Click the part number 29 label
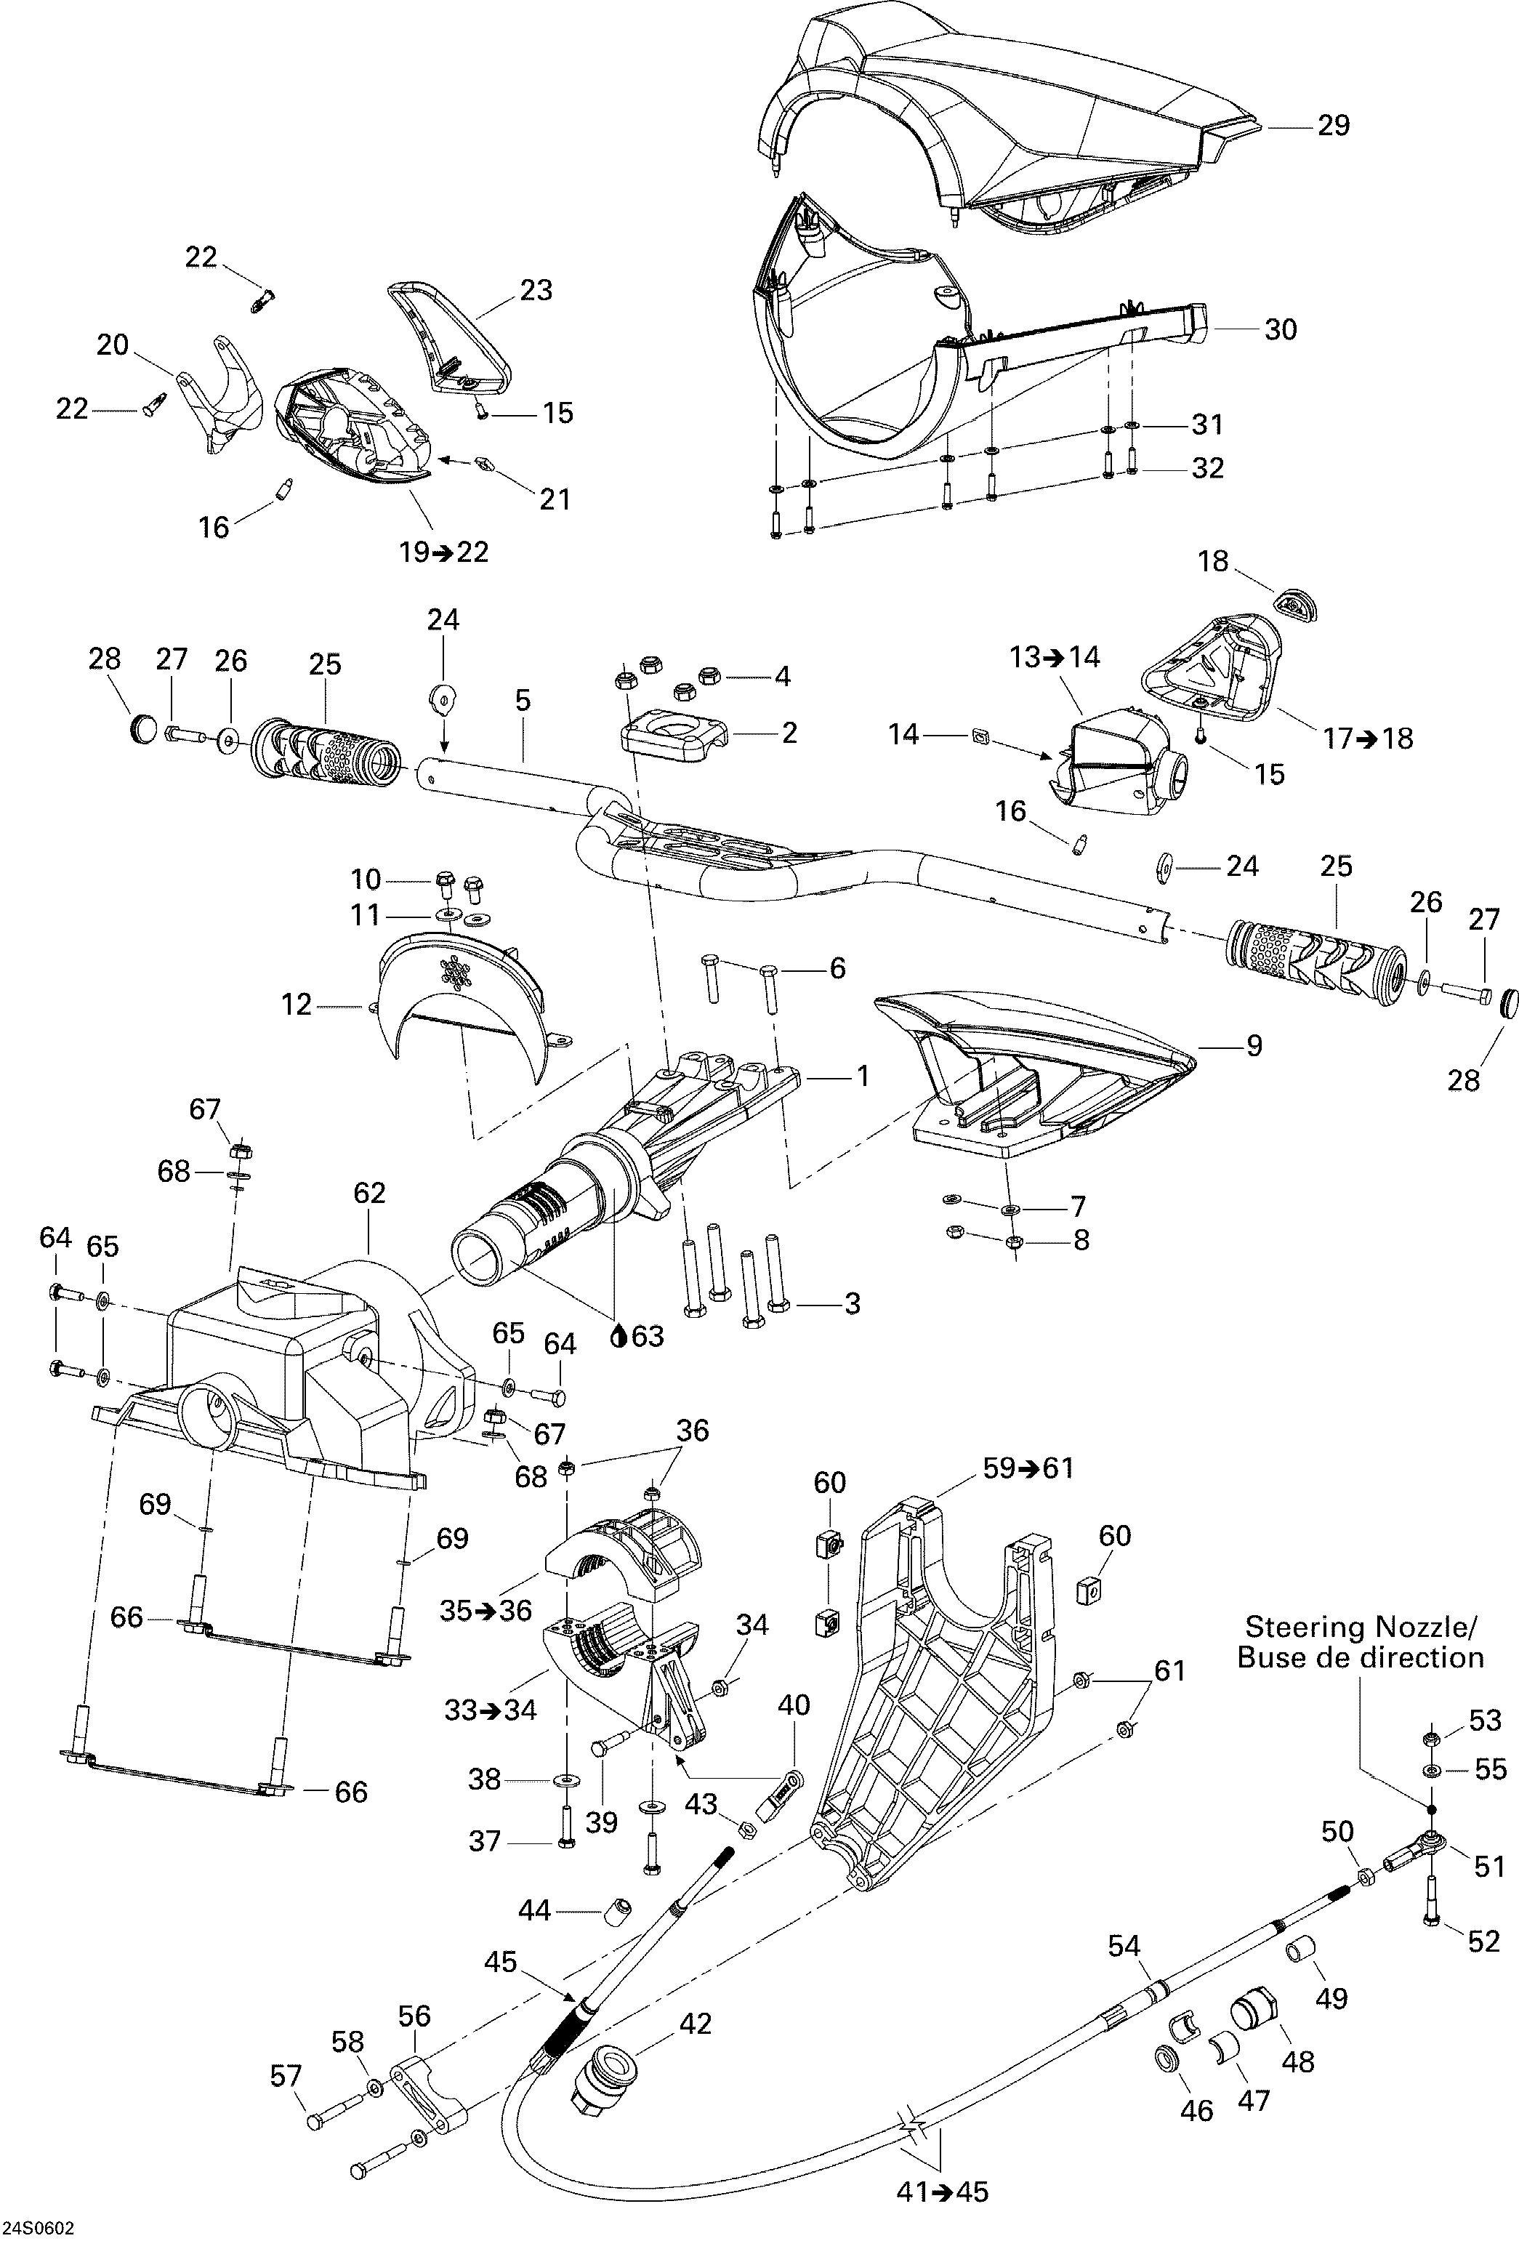click(x=1333, y=125)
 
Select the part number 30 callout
click(x=1281, y=330)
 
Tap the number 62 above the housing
click(x=369, y=1193)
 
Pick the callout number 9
click(x=1254, y=1045)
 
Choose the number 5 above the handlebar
click(x=523, y=700)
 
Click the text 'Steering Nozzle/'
click(x=1361, y=1627)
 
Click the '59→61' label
click(x=1028, y=1468)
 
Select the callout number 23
click(x=536, y=289)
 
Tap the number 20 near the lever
click(x=113, y=345)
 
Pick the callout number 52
click(x=1484, y=1940)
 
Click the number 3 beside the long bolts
click(x=852, y=1304)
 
